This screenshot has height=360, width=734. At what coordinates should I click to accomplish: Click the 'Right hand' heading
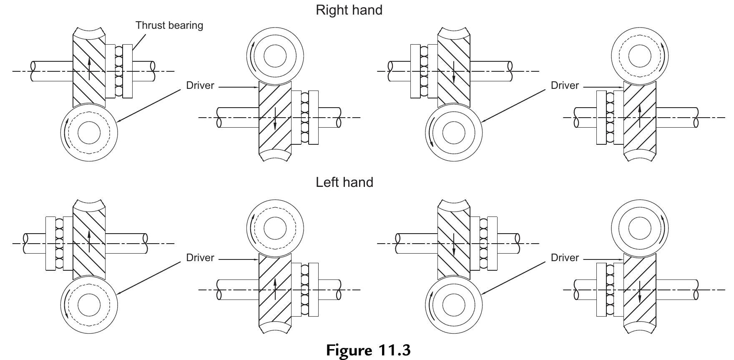click(349, 10)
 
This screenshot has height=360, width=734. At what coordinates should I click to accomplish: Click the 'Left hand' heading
click(344, 182)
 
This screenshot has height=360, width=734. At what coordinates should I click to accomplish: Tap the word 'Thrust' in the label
click(150, 25)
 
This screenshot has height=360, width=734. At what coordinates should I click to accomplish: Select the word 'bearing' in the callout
click(186, 25)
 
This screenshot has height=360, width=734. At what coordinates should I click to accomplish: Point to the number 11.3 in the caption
click(394, 350)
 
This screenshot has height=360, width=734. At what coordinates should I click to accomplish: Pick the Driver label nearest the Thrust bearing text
click(200, 86)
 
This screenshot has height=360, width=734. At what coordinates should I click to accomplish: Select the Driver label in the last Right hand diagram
click(565, 86)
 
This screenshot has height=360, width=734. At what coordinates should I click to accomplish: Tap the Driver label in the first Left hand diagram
click(200, 258)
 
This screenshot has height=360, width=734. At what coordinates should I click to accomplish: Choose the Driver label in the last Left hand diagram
click(565, 258)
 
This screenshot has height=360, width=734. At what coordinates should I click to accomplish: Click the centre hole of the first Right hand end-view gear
click(89, 133)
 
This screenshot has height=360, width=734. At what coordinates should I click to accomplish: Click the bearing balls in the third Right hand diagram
click(424, 71)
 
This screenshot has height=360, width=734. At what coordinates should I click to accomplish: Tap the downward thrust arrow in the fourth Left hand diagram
click(639, 292)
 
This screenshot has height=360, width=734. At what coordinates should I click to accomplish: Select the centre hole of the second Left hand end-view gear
click(275, 228)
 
